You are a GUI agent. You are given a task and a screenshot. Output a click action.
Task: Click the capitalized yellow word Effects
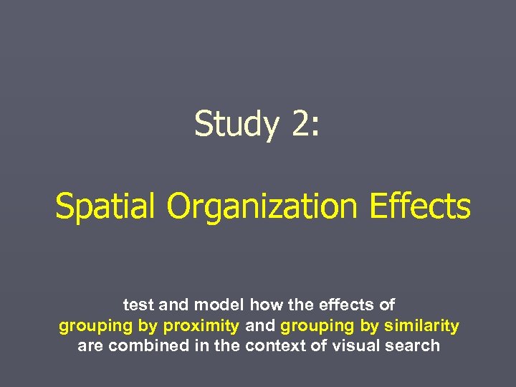[420, 206]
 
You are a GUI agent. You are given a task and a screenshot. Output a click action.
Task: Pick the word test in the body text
[138, 305]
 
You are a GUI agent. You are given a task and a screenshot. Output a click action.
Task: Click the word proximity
[201, 326]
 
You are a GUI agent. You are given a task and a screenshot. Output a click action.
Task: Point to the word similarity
[421, 325]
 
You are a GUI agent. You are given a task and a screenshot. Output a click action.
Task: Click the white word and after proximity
[259, 325]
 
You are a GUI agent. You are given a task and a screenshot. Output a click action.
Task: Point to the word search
[415, 345]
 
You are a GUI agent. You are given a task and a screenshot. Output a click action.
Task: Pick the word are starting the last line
[90, 346]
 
